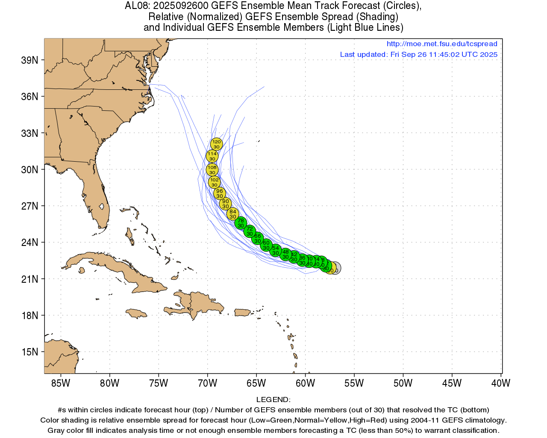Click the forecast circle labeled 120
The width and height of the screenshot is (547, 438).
pyautogui.click(x=217, y=144)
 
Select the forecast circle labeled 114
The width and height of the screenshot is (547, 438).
pyautogui.click(x=212, y=156)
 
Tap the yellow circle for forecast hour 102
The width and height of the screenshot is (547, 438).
pyautogui.click(x=214, y=182)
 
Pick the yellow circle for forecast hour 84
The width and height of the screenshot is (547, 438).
pyautogui.click(x=232, y=214)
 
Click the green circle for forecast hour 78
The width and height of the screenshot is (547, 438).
pyautogui.click(x=241, y=223)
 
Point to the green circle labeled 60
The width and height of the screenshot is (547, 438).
pyautogui.click(x=266, y=245)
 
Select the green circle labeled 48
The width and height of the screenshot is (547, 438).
pyautogui.click(x=285, y=255)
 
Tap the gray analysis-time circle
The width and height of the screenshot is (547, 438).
pyautogui.click(x=336, y=268)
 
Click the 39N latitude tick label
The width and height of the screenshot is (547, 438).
pyautogui.click(x=29, y=60)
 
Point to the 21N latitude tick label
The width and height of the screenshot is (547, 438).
pyautogui.click(x=29, y=279)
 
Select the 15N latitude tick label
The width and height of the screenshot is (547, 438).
pyautogui.click(x=29, y=352)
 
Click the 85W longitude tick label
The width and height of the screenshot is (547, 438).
pyautogui.click(x=61, y=383)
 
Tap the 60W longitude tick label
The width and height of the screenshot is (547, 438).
pyautogui.click(x=305, y=383)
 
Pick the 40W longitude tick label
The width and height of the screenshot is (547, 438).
pyautogui.click(x=500, y=383)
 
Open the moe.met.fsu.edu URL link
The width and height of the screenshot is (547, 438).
pyautogui.click(x=442, y=44)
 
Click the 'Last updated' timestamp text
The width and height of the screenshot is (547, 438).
pyautogui.click(x=418, y=54)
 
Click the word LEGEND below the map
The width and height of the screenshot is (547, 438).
pyautogui.click(x=273, y=400)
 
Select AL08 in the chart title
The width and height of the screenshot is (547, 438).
pyautogui.click(x=136, y=6)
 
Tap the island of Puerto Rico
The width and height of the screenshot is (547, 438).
pyautogui.click(x=242, y=313)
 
